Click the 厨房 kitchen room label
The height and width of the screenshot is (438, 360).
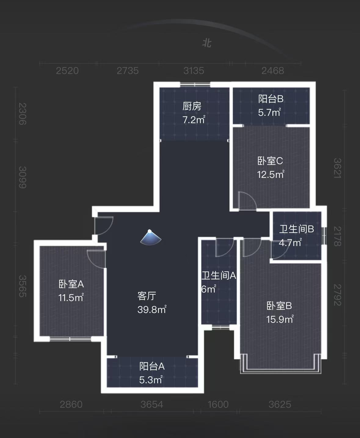192,106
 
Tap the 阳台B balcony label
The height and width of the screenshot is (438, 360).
271,99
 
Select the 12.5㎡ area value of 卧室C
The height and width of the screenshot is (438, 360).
271,175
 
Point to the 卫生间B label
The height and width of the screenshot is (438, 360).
296,229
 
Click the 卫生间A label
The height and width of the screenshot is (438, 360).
219,276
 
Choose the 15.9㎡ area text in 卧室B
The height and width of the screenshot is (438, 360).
280,319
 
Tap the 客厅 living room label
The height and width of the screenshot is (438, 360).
147,296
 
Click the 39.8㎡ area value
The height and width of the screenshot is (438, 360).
152,310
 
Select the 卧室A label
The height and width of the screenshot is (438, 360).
71,284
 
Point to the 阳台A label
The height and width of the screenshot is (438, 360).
152,366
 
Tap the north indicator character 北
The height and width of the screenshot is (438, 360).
207,43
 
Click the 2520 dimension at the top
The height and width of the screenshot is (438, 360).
67,71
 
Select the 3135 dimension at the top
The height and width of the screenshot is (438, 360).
194,71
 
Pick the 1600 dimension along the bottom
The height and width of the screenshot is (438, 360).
218,405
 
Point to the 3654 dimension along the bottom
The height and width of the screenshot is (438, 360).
152,405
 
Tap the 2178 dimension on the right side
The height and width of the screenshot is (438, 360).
337,236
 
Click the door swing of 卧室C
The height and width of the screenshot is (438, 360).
246,201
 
